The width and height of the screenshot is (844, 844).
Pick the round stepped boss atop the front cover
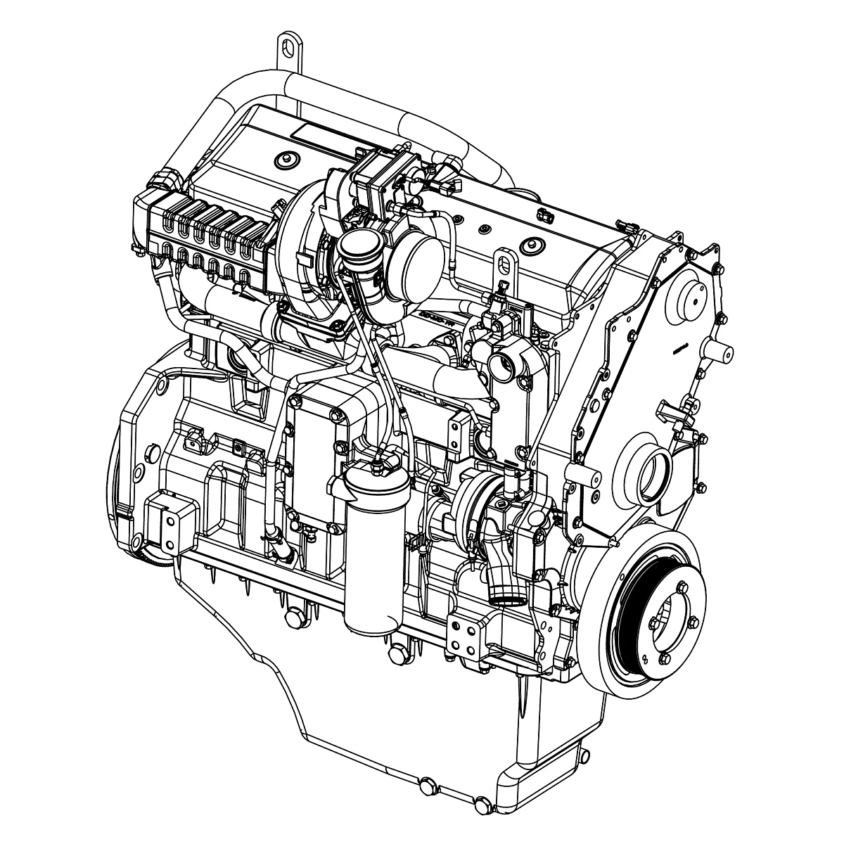click(x=692, y=299)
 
